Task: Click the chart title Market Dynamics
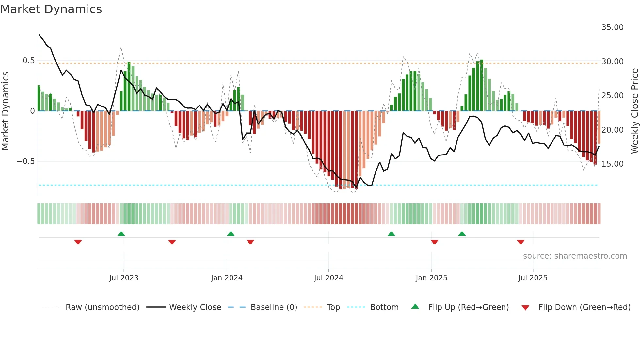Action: coord(51,9)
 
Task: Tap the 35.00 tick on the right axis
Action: coord(612,27)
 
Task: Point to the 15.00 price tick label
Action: coord(612,164)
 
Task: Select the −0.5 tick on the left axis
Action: coord(25,161)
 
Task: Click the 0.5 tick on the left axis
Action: coord(28,61)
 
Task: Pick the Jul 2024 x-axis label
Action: coord(328,278)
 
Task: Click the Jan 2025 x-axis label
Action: coord(431,278)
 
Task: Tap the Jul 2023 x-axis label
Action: coord(124,278)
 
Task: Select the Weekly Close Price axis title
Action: coord(634,111)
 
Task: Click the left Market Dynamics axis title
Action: coord(5,111)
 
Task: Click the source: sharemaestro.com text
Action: coord(575,256)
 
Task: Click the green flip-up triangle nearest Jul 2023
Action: coord(121,234)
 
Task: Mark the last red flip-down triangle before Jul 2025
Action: coord(520,242)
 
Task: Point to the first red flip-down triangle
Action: coord(78,242)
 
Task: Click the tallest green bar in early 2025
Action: coord(481,86)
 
